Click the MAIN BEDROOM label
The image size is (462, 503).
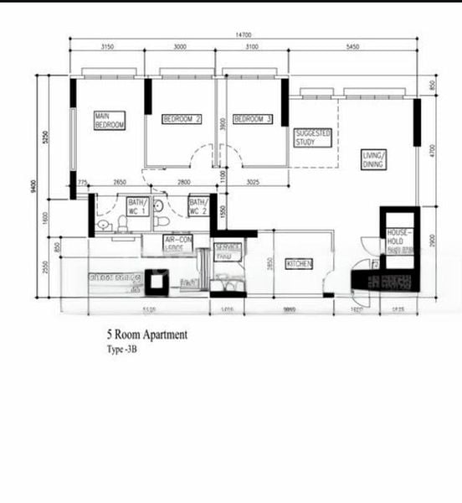pyautogui.click(x=110, y=120)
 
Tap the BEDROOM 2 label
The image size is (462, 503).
pyautogui.click(x=182, y=119)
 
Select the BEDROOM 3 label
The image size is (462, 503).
pyautogui.click(x=253, y=119)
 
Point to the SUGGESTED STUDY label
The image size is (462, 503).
pyautogui.click(x=313, y=137)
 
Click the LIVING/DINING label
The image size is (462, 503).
pyautogui.click(x=373, y=159)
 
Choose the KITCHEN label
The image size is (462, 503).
pyautogui.click(x=299, y=264)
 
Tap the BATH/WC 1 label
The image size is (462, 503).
pyautogui.click(x=137, y=206)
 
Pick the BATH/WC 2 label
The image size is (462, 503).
pyautogui.click(x=198, y=206)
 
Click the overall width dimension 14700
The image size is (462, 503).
pyautogui.click(x=243, y=34)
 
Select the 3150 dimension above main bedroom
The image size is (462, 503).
pyautogui.click(x=107, y=47)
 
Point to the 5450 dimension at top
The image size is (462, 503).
pyautogui.click(x=352, y=47)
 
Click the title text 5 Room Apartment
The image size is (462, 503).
pyautogui.click(x=146, y=334)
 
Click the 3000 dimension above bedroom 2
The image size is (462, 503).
pyautogui.click(x=180, y=47)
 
